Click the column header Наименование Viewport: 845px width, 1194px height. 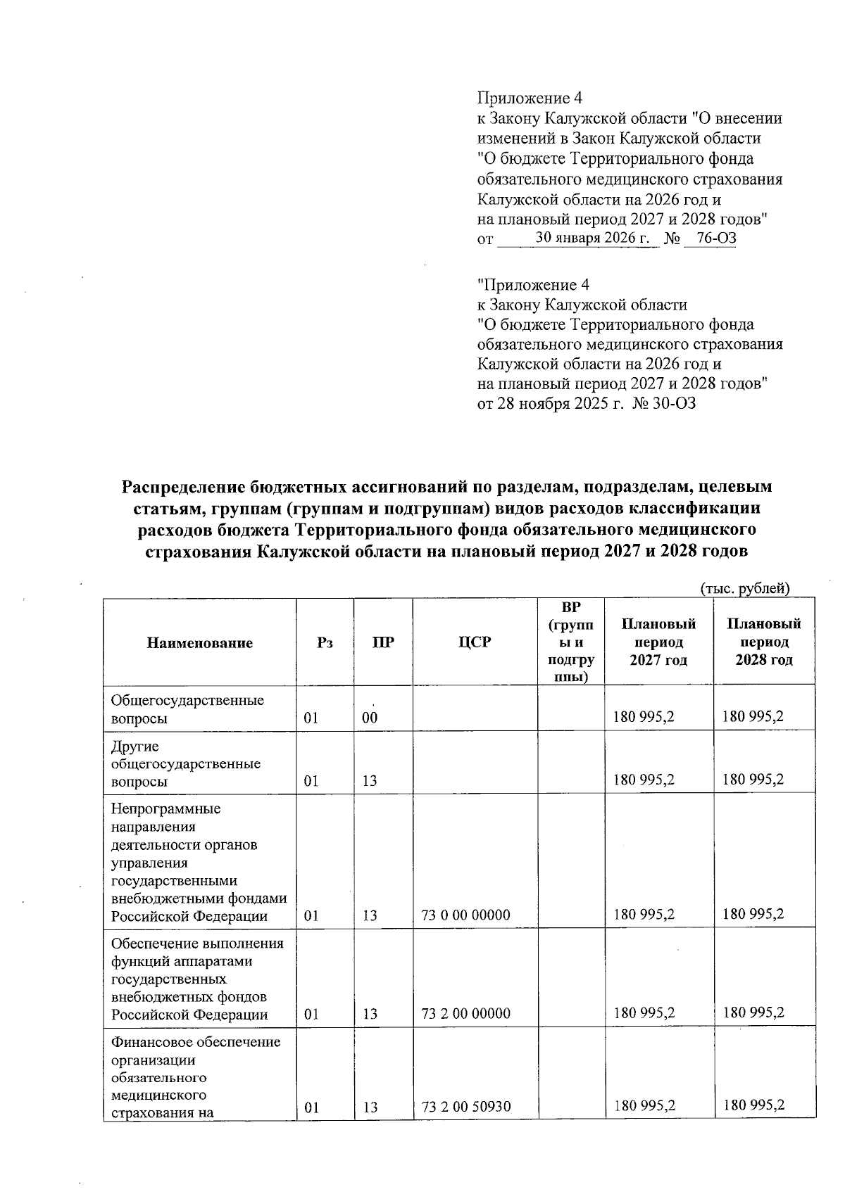click(200, 642)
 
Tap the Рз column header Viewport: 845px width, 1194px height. click(325, 642)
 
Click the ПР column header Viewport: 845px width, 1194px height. click(383, 642)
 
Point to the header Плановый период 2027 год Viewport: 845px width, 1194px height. click(658, 642)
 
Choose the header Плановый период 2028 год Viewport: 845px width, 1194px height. click(764, 642)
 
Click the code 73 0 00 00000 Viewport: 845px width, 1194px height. click(465, 915)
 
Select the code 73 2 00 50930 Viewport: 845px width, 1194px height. click(465, 1107)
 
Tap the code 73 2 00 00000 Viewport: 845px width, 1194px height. click(465, 1014)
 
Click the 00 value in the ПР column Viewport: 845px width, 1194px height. click(370, 718)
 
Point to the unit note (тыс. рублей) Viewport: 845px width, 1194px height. click(744, 588)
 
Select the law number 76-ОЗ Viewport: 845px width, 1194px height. click(711, 238)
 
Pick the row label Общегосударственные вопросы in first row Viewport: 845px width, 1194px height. click(187, 709)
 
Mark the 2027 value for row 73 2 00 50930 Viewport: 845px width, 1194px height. click(644, 1105)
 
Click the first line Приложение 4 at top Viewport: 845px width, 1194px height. click(530, 98)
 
